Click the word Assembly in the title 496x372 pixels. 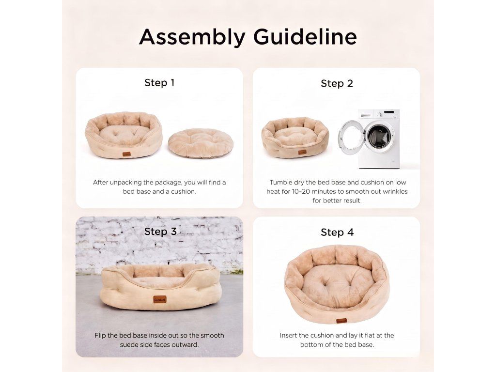click(x=192, y=38)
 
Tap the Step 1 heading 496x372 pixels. click(x=159, y=82)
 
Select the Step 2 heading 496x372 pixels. click(x=337, y=83)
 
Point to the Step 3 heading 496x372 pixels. click(x=160, y=231)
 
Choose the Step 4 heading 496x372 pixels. click(x=337, y=232)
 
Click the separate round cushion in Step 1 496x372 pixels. click(x=201, y=143)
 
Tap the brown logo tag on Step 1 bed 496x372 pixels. click(x=126, y=155)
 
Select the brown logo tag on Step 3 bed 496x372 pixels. click(x=160, y=299)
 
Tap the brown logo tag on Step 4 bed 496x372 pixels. click(x=341, y=321)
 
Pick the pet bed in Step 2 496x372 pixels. click(x=295, y=137)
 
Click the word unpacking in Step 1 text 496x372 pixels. click(x=125, y=183)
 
